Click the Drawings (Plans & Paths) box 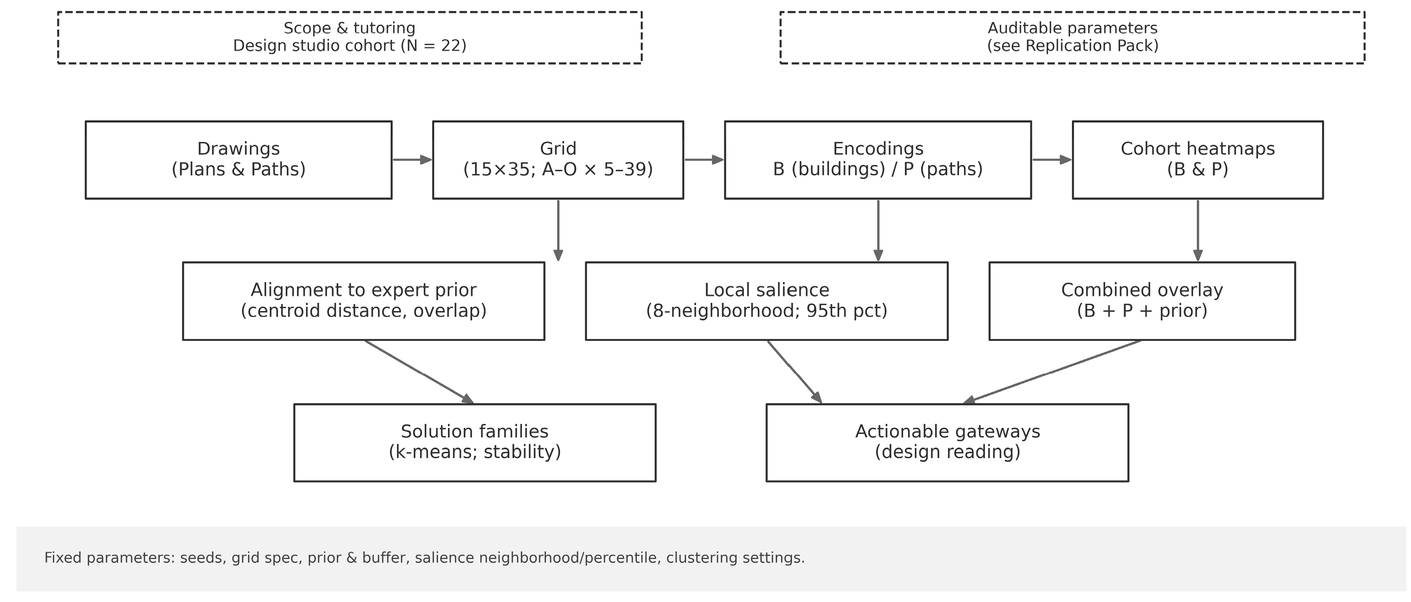tap(238, 159)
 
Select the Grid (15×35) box tap(557, 159)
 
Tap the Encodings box tap(878, 159)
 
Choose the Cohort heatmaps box tap(1197, 159)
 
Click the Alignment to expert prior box tap(363, 301)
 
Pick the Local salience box tap(766, 301)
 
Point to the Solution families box tap(474, 442)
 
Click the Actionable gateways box tap(947, 442)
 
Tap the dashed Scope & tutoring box tap(349, 37)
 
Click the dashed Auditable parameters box tap(1072, 37)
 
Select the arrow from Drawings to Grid tap(412, 159)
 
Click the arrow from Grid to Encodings tap(704, 159)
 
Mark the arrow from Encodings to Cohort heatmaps tap(1051, 159)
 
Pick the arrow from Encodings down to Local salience tap(878, 230)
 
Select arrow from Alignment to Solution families tap(419, 372)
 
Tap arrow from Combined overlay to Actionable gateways tap(1051, 372)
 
